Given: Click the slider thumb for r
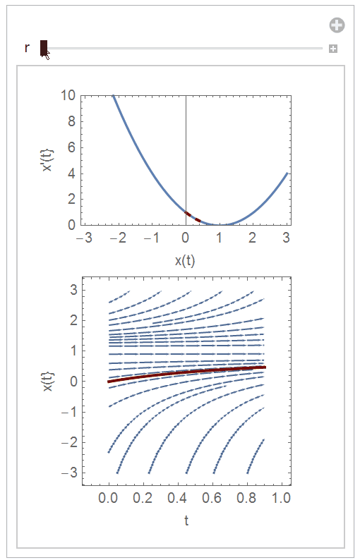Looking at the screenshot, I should click(x=44, y=48).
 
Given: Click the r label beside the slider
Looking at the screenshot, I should click(x=27, y=48).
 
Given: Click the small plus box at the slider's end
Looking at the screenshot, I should click(x=333, y=49).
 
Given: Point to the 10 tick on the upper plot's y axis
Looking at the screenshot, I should click(x=68, y=95).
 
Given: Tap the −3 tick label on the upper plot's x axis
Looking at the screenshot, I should click(x=84, y=238).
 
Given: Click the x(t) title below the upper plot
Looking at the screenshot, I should click(x=185, y=260).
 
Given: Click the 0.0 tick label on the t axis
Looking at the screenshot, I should click(x=108, y=498).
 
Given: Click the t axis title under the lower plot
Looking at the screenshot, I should click(x=186, y=521).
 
